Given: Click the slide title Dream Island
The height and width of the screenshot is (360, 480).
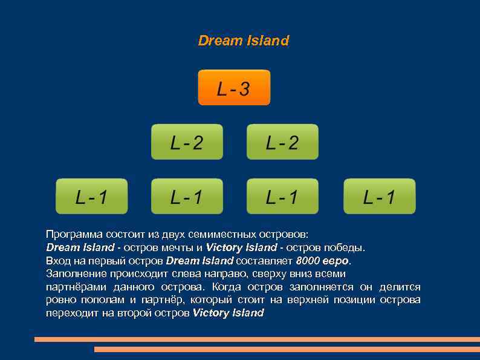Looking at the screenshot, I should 244,41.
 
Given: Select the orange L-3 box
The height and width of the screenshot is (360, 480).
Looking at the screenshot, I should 234,88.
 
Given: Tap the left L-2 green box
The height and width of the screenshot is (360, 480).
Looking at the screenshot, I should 187,142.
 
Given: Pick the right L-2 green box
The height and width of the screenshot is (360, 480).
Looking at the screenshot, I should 282,142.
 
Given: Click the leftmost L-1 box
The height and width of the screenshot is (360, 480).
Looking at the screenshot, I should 92,196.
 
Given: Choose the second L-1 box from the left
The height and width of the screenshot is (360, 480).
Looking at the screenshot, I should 187,196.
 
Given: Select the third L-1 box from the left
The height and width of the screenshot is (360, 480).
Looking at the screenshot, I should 282,196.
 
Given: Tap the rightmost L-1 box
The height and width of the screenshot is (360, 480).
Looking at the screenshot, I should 379,196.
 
